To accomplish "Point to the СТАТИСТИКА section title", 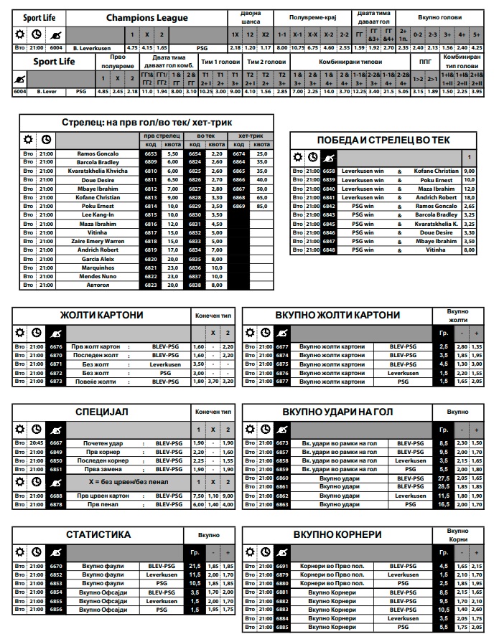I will [x=98, y=534].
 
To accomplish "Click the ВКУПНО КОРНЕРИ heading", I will [x=337, y=535].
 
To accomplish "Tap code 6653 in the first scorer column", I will [x=150, y=153].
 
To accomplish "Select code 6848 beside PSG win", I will [x=329, y=250].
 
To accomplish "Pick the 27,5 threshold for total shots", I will [x=444, y=478].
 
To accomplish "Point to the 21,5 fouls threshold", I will [x=194, y=566].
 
